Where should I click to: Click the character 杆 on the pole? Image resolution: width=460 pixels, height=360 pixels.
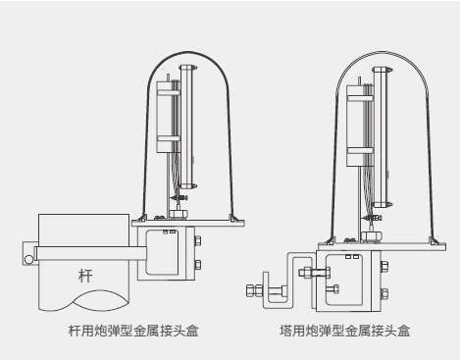click(85, 276)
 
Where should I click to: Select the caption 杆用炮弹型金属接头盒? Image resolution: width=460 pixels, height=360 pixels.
click(133, 331)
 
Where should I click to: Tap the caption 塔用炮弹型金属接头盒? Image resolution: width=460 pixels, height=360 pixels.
click(345, 331)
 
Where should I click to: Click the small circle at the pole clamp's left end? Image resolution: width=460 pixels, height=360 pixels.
click(28, 260)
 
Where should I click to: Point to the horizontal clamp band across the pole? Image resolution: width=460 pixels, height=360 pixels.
click(91, 253)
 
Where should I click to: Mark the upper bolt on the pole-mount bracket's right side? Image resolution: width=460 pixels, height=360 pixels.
click(197, 241)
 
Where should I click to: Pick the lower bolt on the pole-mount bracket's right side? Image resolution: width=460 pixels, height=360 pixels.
click(197, 265)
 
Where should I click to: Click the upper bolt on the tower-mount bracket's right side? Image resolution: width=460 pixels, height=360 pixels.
click(384, 267)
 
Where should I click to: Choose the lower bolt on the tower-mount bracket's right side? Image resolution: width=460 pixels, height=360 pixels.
click(384, 293)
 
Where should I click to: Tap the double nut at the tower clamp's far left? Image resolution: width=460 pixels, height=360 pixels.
click(254, 290)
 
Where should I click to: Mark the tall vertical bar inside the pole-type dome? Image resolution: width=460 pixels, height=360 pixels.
click(187, 127)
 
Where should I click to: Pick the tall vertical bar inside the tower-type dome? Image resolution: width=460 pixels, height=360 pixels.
click(381, 137)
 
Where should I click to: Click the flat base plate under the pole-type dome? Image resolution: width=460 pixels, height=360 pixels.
click(188, 224)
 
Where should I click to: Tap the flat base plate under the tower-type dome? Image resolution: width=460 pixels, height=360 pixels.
click(382, 247)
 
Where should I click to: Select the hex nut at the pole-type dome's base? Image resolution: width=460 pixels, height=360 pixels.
click(179, 214)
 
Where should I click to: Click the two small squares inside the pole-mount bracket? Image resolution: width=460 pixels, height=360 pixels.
click(170, 231)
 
